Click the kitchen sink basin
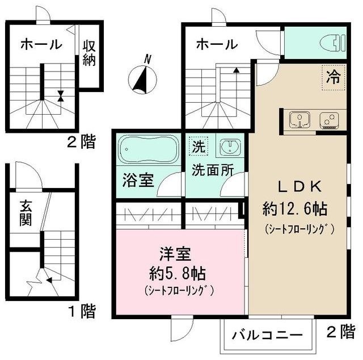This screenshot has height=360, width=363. pos(300,120)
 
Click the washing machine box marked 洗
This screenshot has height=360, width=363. pos(198,146)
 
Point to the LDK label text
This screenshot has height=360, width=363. pos(300,186)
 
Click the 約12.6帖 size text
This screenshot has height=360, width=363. pos(295,209)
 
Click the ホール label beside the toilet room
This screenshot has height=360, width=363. pos(216,44)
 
